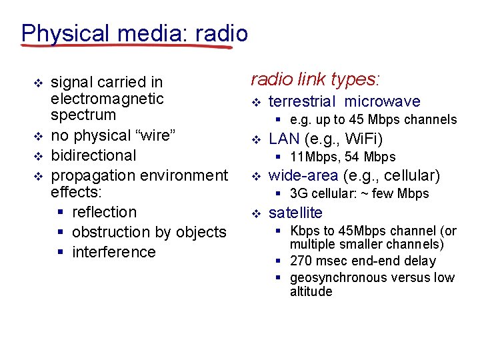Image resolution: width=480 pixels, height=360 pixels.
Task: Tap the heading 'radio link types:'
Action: [x=315, y=79]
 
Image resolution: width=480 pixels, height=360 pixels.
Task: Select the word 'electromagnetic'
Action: [x=107, y=99]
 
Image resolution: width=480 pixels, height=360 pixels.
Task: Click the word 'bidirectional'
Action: [x=93, y=155]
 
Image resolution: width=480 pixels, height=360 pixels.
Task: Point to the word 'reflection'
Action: [x=104, y=212]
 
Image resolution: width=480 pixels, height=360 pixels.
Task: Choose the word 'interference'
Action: [x=113, y=252]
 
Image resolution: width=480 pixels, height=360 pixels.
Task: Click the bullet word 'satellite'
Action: [x=295, y=213]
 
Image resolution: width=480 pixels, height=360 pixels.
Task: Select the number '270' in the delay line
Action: [x=301, y=261]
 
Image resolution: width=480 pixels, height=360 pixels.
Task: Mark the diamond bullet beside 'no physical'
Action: [x=38, y=136]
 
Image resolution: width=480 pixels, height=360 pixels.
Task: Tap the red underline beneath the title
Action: [x=127, y=47]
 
